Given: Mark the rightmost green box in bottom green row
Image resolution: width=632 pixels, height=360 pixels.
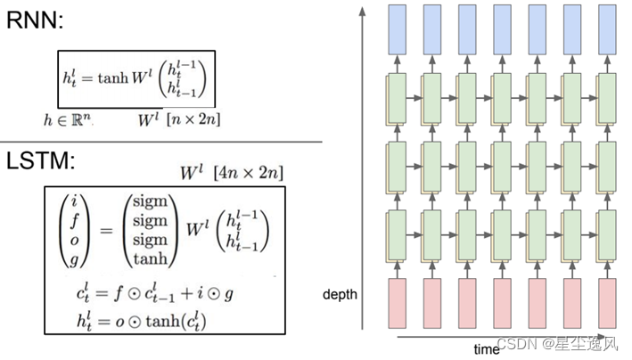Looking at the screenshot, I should tap(609, 233).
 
